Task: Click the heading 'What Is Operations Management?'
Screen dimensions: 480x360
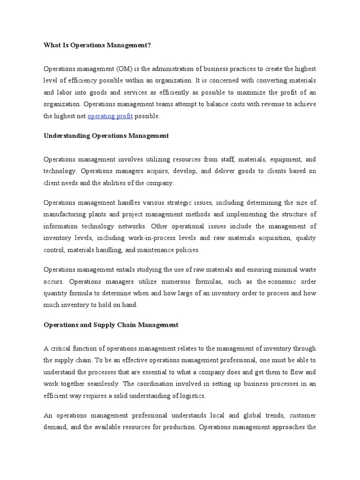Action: tap(97, 45)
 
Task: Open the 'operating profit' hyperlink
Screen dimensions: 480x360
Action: tap(110, 116)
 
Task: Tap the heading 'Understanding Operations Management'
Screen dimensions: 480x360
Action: tap(106, 136)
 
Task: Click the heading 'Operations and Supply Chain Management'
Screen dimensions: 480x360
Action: tap(111, 325)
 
